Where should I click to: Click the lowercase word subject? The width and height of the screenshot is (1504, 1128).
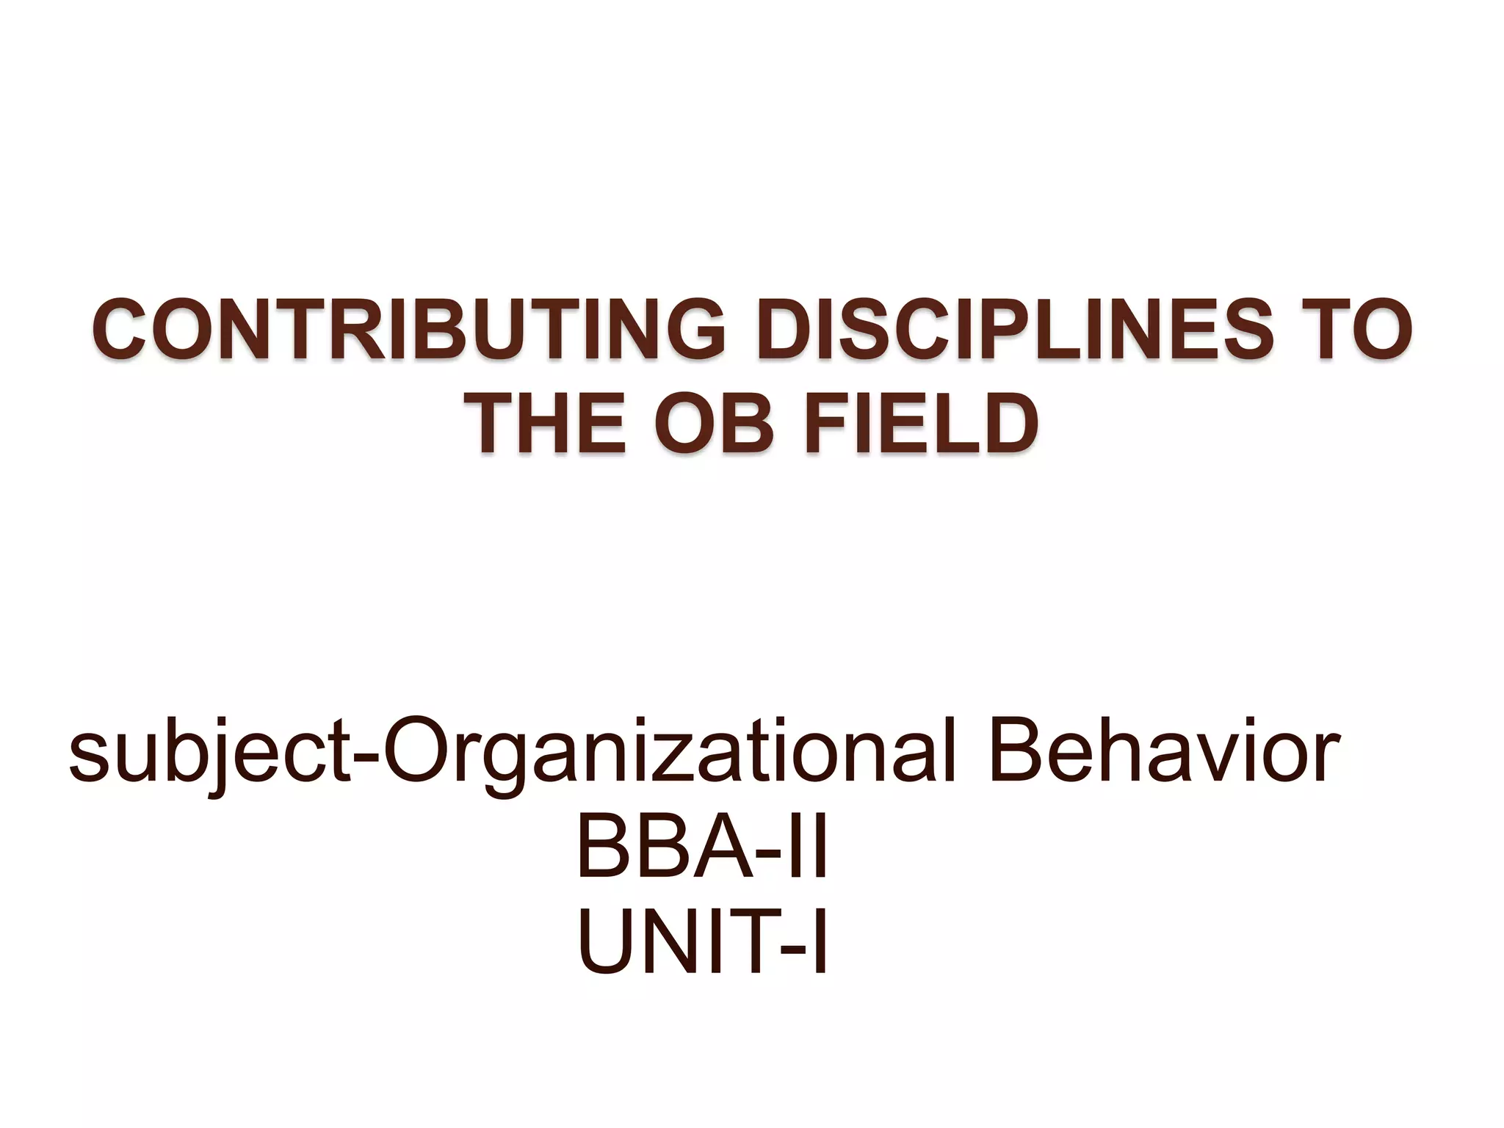(x=209, y=753)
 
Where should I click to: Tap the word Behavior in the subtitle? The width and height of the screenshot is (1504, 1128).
(x=1164, y=753)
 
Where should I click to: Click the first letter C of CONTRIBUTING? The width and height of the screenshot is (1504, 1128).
(x=120, y=330)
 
